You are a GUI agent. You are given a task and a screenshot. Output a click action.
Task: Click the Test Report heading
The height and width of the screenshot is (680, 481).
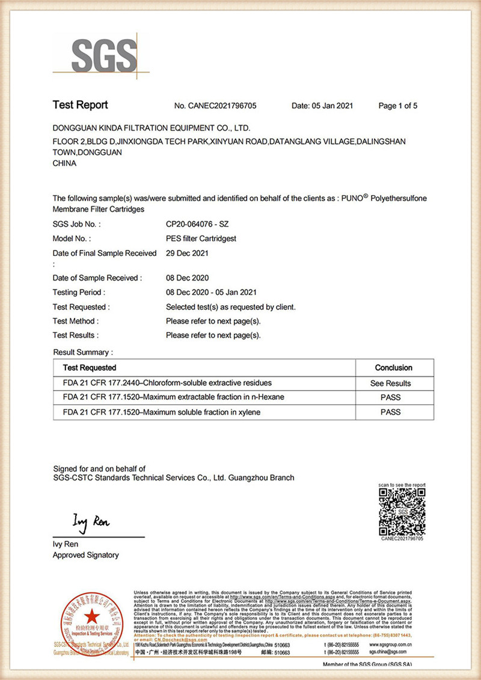pos(80,105)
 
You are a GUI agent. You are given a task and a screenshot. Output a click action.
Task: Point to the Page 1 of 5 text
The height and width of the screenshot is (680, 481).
pos(397,106)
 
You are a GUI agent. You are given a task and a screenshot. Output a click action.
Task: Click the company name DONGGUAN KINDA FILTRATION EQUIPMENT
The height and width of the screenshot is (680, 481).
pos(151,128)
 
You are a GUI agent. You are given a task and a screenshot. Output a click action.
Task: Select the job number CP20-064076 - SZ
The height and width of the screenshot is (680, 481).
pos(197,224)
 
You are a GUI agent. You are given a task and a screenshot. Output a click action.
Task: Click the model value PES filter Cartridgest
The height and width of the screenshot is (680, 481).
pos(201,238)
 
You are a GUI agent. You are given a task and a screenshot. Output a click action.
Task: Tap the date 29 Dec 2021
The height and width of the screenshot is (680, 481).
pos(187,253)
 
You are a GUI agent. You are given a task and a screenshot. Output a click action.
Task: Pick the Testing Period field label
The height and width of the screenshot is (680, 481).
pos(79,293)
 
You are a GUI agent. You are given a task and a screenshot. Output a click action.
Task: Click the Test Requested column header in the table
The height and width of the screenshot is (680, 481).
pos(90,368)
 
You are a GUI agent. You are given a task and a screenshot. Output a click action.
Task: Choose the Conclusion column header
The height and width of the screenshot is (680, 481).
pos(393,368)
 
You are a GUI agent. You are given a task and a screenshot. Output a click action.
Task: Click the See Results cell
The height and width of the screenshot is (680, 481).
pos(391,383)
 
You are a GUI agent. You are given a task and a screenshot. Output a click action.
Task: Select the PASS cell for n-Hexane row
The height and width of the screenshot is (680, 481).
pos(391,398)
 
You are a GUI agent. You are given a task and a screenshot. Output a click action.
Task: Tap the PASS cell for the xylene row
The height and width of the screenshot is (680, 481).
pos(391,412)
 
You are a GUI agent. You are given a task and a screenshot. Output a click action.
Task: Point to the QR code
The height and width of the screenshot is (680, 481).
pos(402,512)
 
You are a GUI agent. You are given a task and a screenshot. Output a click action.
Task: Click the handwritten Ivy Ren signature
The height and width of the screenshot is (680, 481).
pos(91,521)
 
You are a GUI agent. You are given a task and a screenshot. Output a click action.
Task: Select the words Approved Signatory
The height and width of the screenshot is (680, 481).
pos(85,556)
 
